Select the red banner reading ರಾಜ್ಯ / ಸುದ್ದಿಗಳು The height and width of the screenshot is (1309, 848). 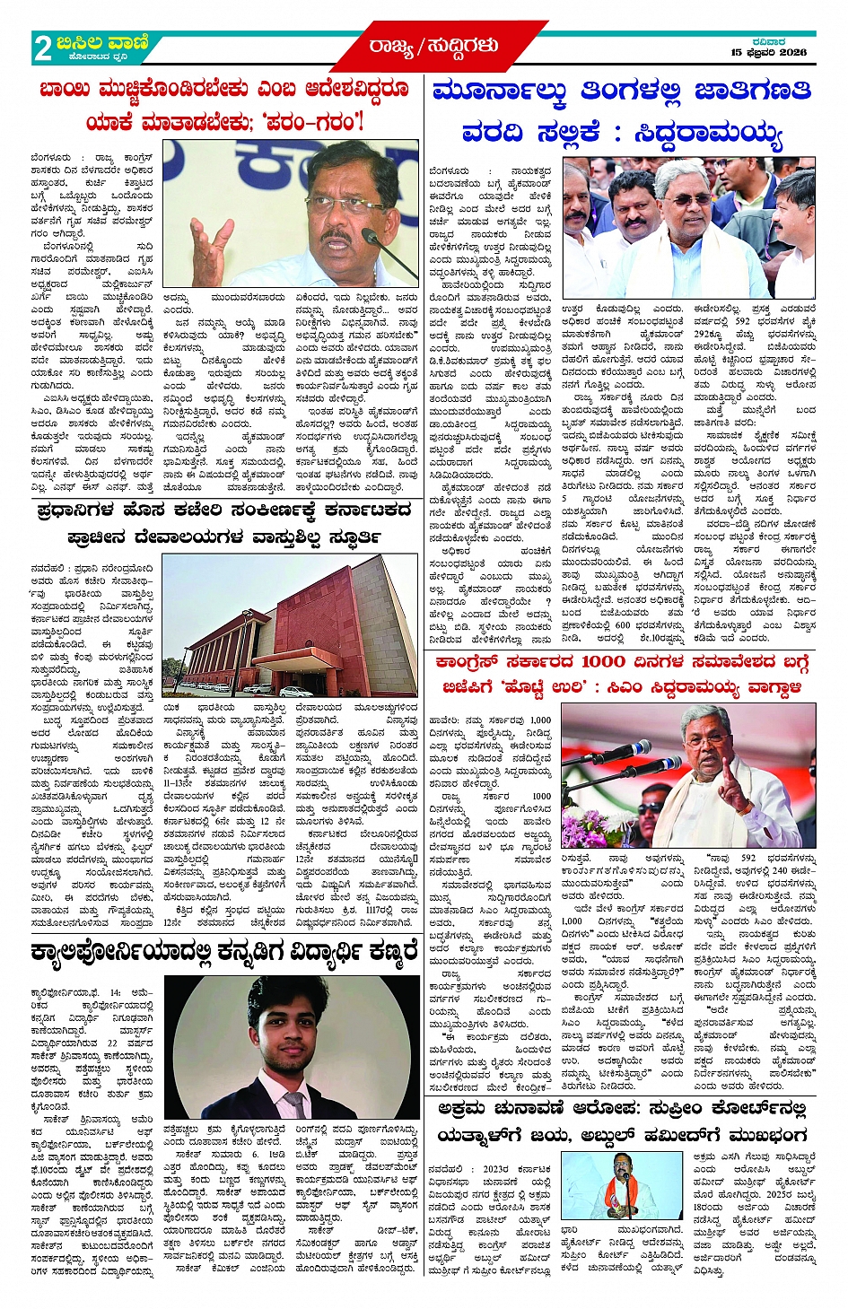433,46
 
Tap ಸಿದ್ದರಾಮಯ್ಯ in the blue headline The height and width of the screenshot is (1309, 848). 709,135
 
